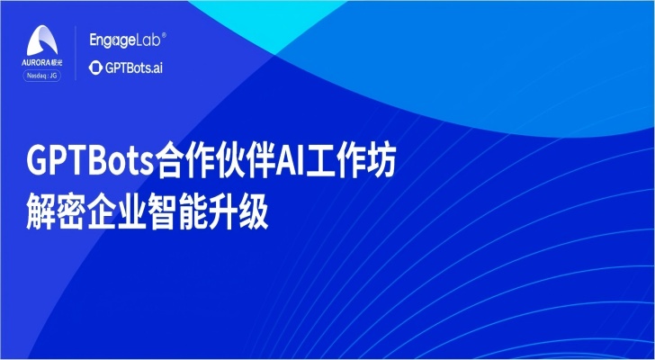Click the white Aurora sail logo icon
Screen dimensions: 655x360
42,40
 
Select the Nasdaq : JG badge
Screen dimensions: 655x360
41,76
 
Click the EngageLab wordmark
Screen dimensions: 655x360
125,40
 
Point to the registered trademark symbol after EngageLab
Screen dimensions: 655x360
164,36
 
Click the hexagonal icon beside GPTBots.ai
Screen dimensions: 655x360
95,67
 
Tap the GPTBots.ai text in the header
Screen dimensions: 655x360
134,68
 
